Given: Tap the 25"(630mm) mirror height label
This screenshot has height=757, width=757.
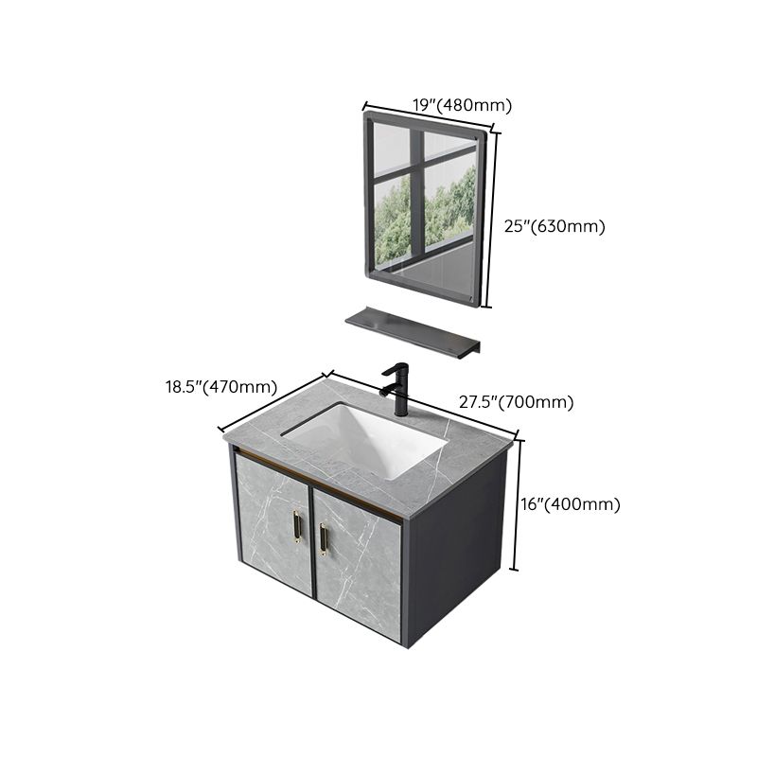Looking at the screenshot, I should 553,226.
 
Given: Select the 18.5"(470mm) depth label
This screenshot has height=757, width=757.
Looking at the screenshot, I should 221,386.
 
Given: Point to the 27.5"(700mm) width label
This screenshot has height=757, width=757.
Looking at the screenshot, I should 517,402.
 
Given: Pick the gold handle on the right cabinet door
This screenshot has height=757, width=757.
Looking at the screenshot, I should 325,539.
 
